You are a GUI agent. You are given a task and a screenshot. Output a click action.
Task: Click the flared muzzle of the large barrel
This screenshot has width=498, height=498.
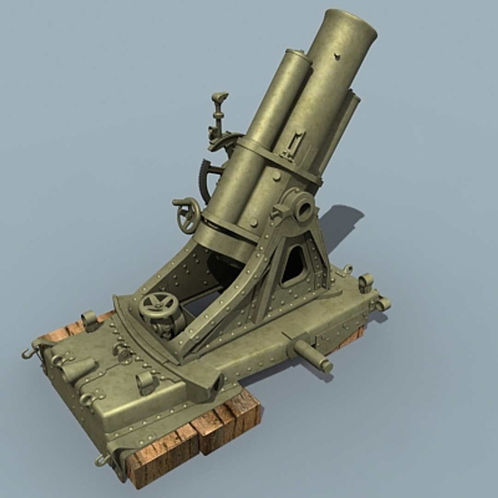[350, 25]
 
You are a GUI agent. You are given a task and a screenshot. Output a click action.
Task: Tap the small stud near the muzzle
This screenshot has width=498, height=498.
[337, 57]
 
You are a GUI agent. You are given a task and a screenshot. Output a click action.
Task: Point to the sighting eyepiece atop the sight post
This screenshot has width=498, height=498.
[220, 97]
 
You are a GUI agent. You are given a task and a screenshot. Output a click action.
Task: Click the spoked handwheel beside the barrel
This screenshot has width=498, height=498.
[189, 215]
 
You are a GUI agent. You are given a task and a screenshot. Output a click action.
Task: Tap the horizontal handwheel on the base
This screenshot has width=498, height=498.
[158, 304]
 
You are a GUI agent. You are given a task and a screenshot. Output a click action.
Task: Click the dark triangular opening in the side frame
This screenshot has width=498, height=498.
[293, 266]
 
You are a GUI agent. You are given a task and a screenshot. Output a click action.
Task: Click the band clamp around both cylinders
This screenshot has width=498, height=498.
[277, 159]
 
